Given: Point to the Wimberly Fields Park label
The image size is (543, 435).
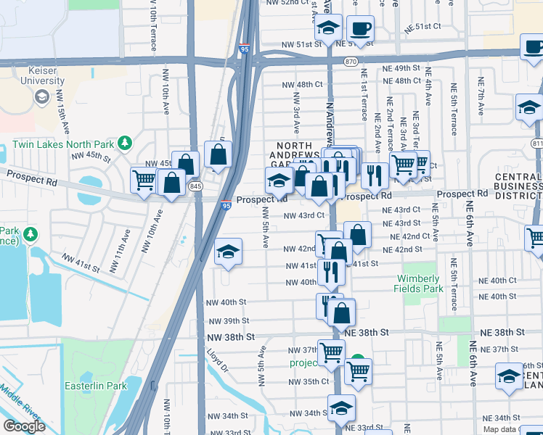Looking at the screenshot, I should (418, 283).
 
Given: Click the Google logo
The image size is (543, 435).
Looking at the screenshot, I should (24, 426).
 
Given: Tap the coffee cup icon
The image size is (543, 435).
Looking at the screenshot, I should (361, 29).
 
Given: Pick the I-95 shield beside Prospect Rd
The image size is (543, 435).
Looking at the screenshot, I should (226, 206).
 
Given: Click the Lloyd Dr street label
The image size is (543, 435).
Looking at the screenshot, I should (217, 362).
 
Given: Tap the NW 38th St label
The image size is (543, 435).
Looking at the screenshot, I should (231, 337).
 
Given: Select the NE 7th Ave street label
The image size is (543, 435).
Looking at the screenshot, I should (481, 97).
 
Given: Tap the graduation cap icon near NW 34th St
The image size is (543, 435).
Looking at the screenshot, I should (341, 407).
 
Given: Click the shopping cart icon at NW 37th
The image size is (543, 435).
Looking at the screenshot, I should (331, 353).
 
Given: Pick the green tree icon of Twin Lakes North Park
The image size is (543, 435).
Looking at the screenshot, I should (125, 142).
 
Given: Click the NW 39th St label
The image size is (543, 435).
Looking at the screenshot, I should (228, 320).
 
